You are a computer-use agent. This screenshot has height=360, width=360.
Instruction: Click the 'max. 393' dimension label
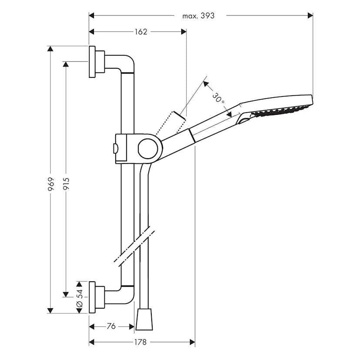click(x=199, y=16)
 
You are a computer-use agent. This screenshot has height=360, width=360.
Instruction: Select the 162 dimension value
click(x=140, y=31)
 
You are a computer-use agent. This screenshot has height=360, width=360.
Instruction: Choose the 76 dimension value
click(x=111, y=326)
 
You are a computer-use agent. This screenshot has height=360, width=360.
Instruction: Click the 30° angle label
click(x=219, y=99)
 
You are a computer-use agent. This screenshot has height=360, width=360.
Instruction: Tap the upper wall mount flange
click(x=92, y=62)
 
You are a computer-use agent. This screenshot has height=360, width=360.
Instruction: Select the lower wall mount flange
click(x=92, y=297)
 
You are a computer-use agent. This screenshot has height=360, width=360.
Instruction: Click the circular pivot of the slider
click(x=147, y=149)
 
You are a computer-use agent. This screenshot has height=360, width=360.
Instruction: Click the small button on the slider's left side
click(x=114, y=148)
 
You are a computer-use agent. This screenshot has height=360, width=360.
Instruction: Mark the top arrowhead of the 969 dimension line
click(x=50, y=49)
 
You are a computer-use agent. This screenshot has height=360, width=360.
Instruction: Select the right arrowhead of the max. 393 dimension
click(x=310, y=16)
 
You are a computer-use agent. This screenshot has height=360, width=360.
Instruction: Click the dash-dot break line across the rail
click(x=134, y=246)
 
